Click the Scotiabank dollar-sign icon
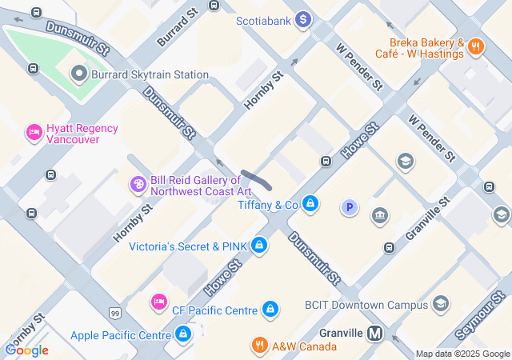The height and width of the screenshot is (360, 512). (302, 19)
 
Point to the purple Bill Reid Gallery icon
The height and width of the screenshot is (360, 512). (138, 185)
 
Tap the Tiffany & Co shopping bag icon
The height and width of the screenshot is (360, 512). (310, 206)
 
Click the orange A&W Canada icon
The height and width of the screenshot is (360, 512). (259, 346)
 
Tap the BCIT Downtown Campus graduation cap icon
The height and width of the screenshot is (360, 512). (440, 304)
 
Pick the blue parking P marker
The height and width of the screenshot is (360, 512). (349, 208)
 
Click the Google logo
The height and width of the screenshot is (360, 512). (26, 350)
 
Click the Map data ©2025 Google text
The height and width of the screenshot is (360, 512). (462, 354)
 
